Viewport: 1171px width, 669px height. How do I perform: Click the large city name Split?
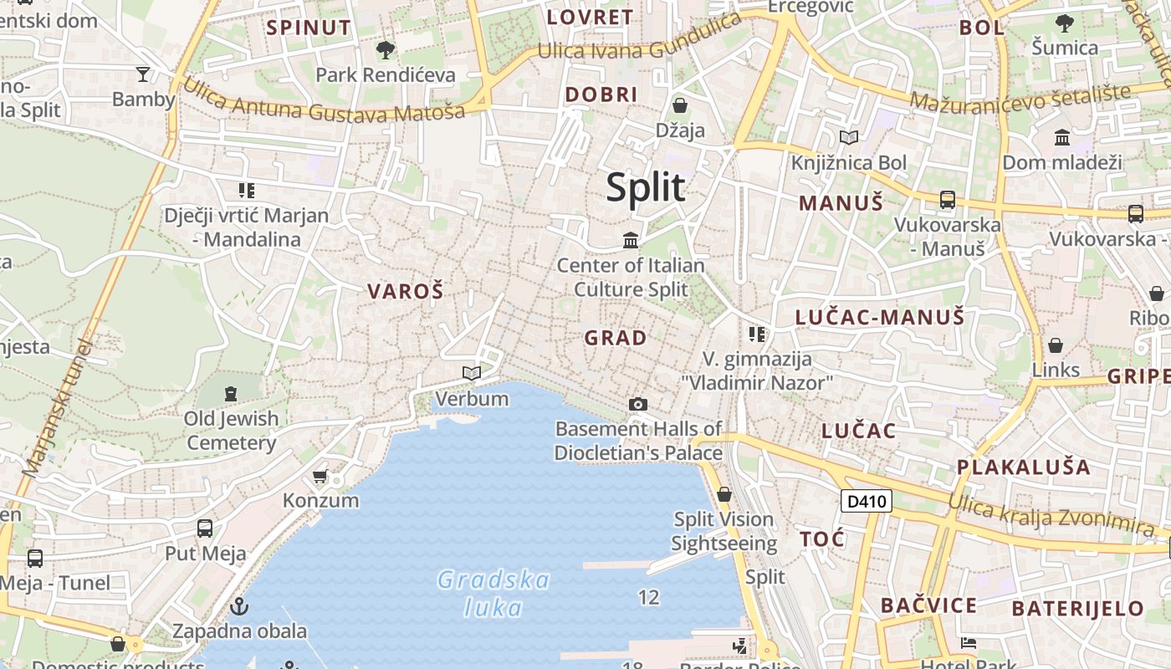pyautogui.click(x=646, y=187)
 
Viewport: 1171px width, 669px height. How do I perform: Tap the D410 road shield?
pyautogui.click(x=866, y=502)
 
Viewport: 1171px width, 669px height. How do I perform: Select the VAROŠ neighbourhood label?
pyautogui.click(x=405, y=292)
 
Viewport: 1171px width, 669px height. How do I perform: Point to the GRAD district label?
pyautogui.click(x=616, y=338)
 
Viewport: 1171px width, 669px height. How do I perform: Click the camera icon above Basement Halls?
pyautogui.click(x=638, y=405)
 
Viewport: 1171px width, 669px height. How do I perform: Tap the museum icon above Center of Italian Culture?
pyautogui.click(x=631, y=241)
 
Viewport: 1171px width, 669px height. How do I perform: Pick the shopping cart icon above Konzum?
pyautogui.click(x=320, y=477)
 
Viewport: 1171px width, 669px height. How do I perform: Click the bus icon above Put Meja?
pyautogui.click(x=205, y=529)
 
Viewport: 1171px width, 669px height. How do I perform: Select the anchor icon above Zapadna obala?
pyautogui.click(x=240, y=605)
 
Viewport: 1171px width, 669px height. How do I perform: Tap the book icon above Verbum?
pyautogui.click(x=472, y=373)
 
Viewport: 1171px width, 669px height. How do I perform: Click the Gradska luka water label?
pyautogui.click(x=493, y=593)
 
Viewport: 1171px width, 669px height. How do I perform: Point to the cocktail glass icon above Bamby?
pyautogui.click(x=143, y=74)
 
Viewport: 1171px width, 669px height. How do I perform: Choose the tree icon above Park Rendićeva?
pyautogui.click(x=386, y=50)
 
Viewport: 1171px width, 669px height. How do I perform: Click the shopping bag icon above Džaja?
pyautogui.click(x=680, y=105)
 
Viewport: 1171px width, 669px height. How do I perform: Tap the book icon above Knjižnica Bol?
pyautogui.click(x=849, y=137)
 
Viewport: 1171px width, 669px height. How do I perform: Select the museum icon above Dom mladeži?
pyautogui.click(x=1062, y=137)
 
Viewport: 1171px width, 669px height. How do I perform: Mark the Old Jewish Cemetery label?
pyautogui.click(x=232, y=430)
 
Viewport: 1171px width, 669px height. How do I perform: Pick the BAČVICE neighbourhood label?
pyautogui.click(x=928, y=605)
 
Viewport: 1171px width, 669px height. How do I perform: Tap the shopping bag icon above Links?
pyautogui.click(x=1056, y=345)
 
